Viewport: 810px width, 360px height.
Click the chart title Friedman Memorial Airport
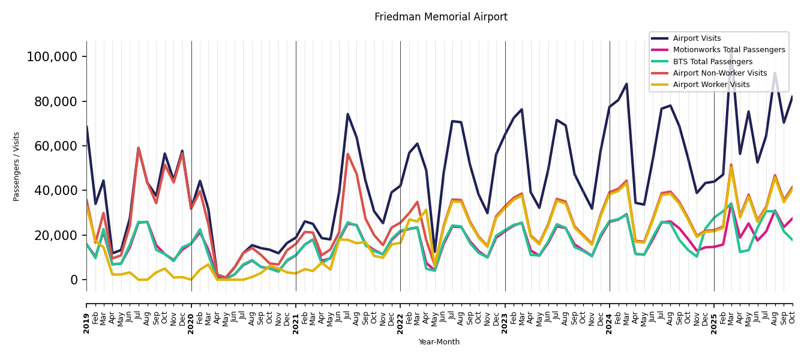(x=441, y=17)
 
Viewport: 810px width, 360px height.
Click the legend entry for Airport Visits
(x=697, y=38)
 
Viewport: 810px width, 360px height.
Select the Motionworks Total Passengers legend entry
(x=728, y=50)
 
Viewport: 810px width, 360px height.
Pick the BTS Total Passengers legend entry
(x=712, y=62)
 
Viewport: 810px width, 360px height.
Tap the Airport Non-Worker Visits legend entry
(x=719, y=73)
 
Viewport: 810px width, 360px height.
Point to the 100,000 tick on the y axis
(x=52, y=57)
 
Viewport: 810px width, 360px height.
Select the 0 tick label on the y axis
(x=74, y=280)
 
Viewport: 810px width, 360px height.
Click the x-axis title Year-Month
(x=439, y=342)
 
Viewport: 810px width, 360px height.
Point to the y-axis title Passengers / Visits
(x=17, y=166)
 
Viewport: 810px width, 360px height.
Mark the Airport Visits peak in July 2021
(x=348, y=114)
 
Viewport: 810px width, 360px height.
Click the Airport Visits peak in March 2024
(x=626, y=84)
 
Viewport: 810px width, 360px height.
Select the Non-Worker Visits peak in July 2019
(x=139, y=148)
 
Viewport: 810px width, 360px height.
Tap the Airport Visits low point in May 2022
(x=435, y=251)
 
